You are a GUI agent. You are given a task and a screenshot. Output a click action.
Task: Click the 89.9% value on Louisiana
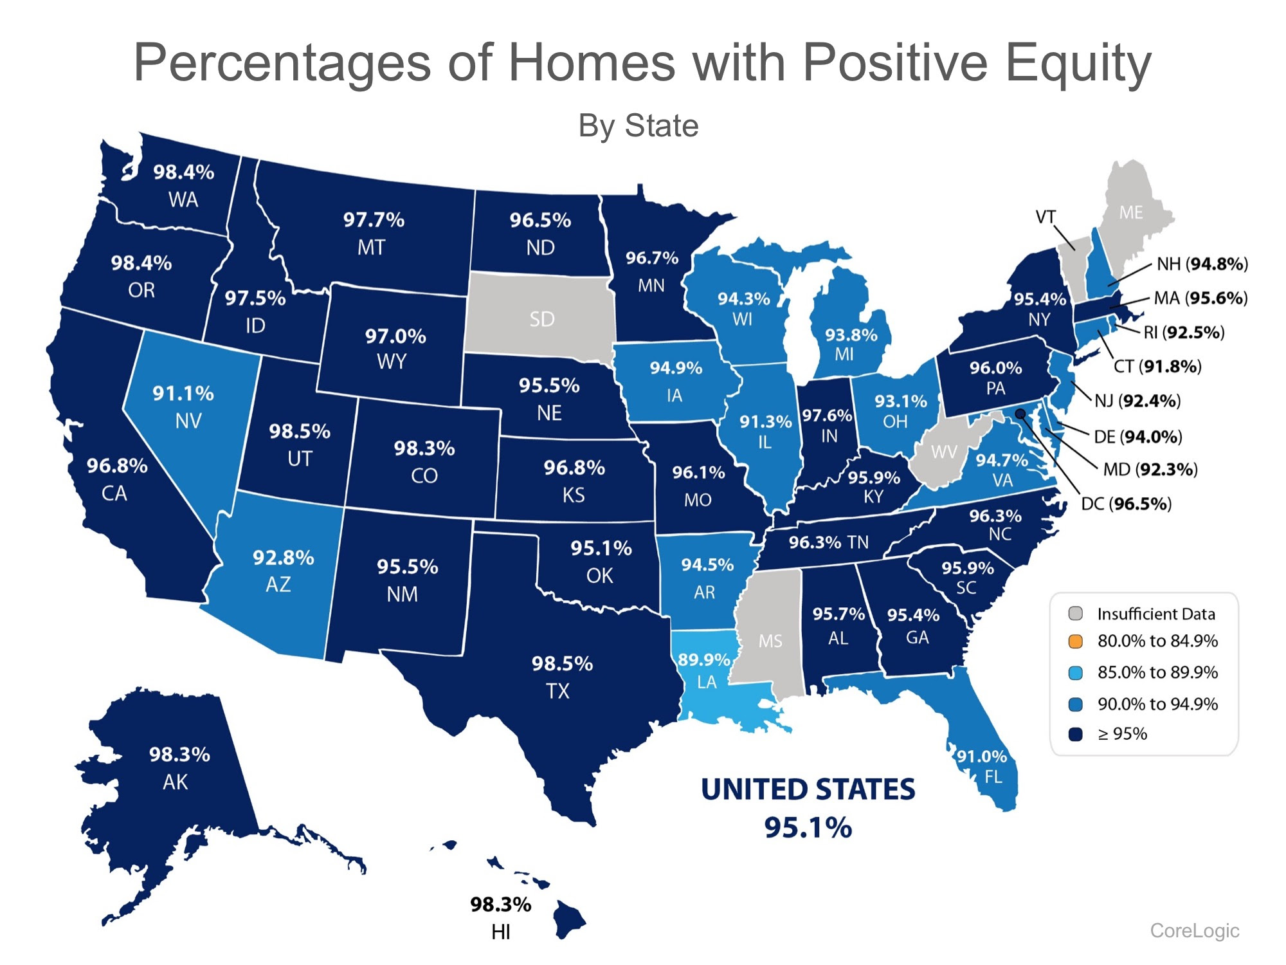click(x=704, y=660)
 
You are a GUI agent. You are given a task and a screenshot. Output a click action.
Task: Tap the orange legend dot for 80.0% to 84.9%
click(x=1075, y=641)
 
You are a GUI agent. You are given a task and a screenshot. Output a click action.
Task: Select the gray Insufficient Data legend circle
click(x=1075, y=613)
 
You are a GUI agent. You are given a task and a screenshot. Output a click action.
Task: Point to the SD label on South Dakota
click(x=541, y=319)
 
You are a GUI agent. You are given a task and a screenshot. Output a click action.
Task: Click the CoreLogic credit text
click(x=1194, y=930)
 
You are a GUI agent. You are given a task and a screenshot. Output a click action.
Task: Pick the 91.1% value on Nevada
click(x=183, y=393)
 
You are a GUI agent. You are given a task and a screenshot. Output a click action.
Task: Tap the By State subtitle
click(x=638, y=125)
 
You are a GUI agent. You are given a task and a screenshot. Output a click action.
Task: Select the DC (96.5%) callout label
click(x=1126, y=504)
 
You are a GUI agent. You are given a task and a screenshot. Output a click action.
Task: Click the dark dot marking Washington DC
click(x=1020, y=413)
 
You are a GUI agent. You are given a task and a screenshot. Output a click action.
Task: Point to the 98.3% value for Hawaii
click(x=500, y=905)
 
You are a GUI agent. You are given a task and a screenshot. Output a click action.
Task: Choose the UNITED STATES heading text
click(x=808, y=789)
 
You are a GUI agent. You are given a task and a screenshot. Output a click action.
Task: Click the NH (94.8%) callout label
click(x=1202, y=264)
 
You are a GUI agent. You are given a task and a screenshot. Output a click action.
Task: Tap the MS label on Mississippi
click(x=770, y=641)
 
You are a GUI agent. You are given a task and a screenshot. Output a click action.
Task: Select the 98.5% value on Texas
click(x=562, y=663)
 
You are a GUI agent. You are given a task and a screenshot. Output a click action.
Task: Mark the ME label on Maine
click(x=1130, y=212)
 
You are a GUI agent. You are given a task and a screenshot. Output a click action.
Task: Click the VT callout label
click(x=1045, y=217)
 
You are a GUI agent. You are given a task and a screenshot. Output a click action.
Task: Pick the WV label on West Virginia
click(x=943, y=452)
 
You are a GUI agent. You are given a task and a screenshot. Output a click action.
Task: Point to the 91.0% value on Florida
click(x=981, y=756)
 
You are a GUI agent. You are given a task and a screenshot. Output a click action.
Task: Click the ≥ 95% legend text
click(x=1122, y=734)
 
